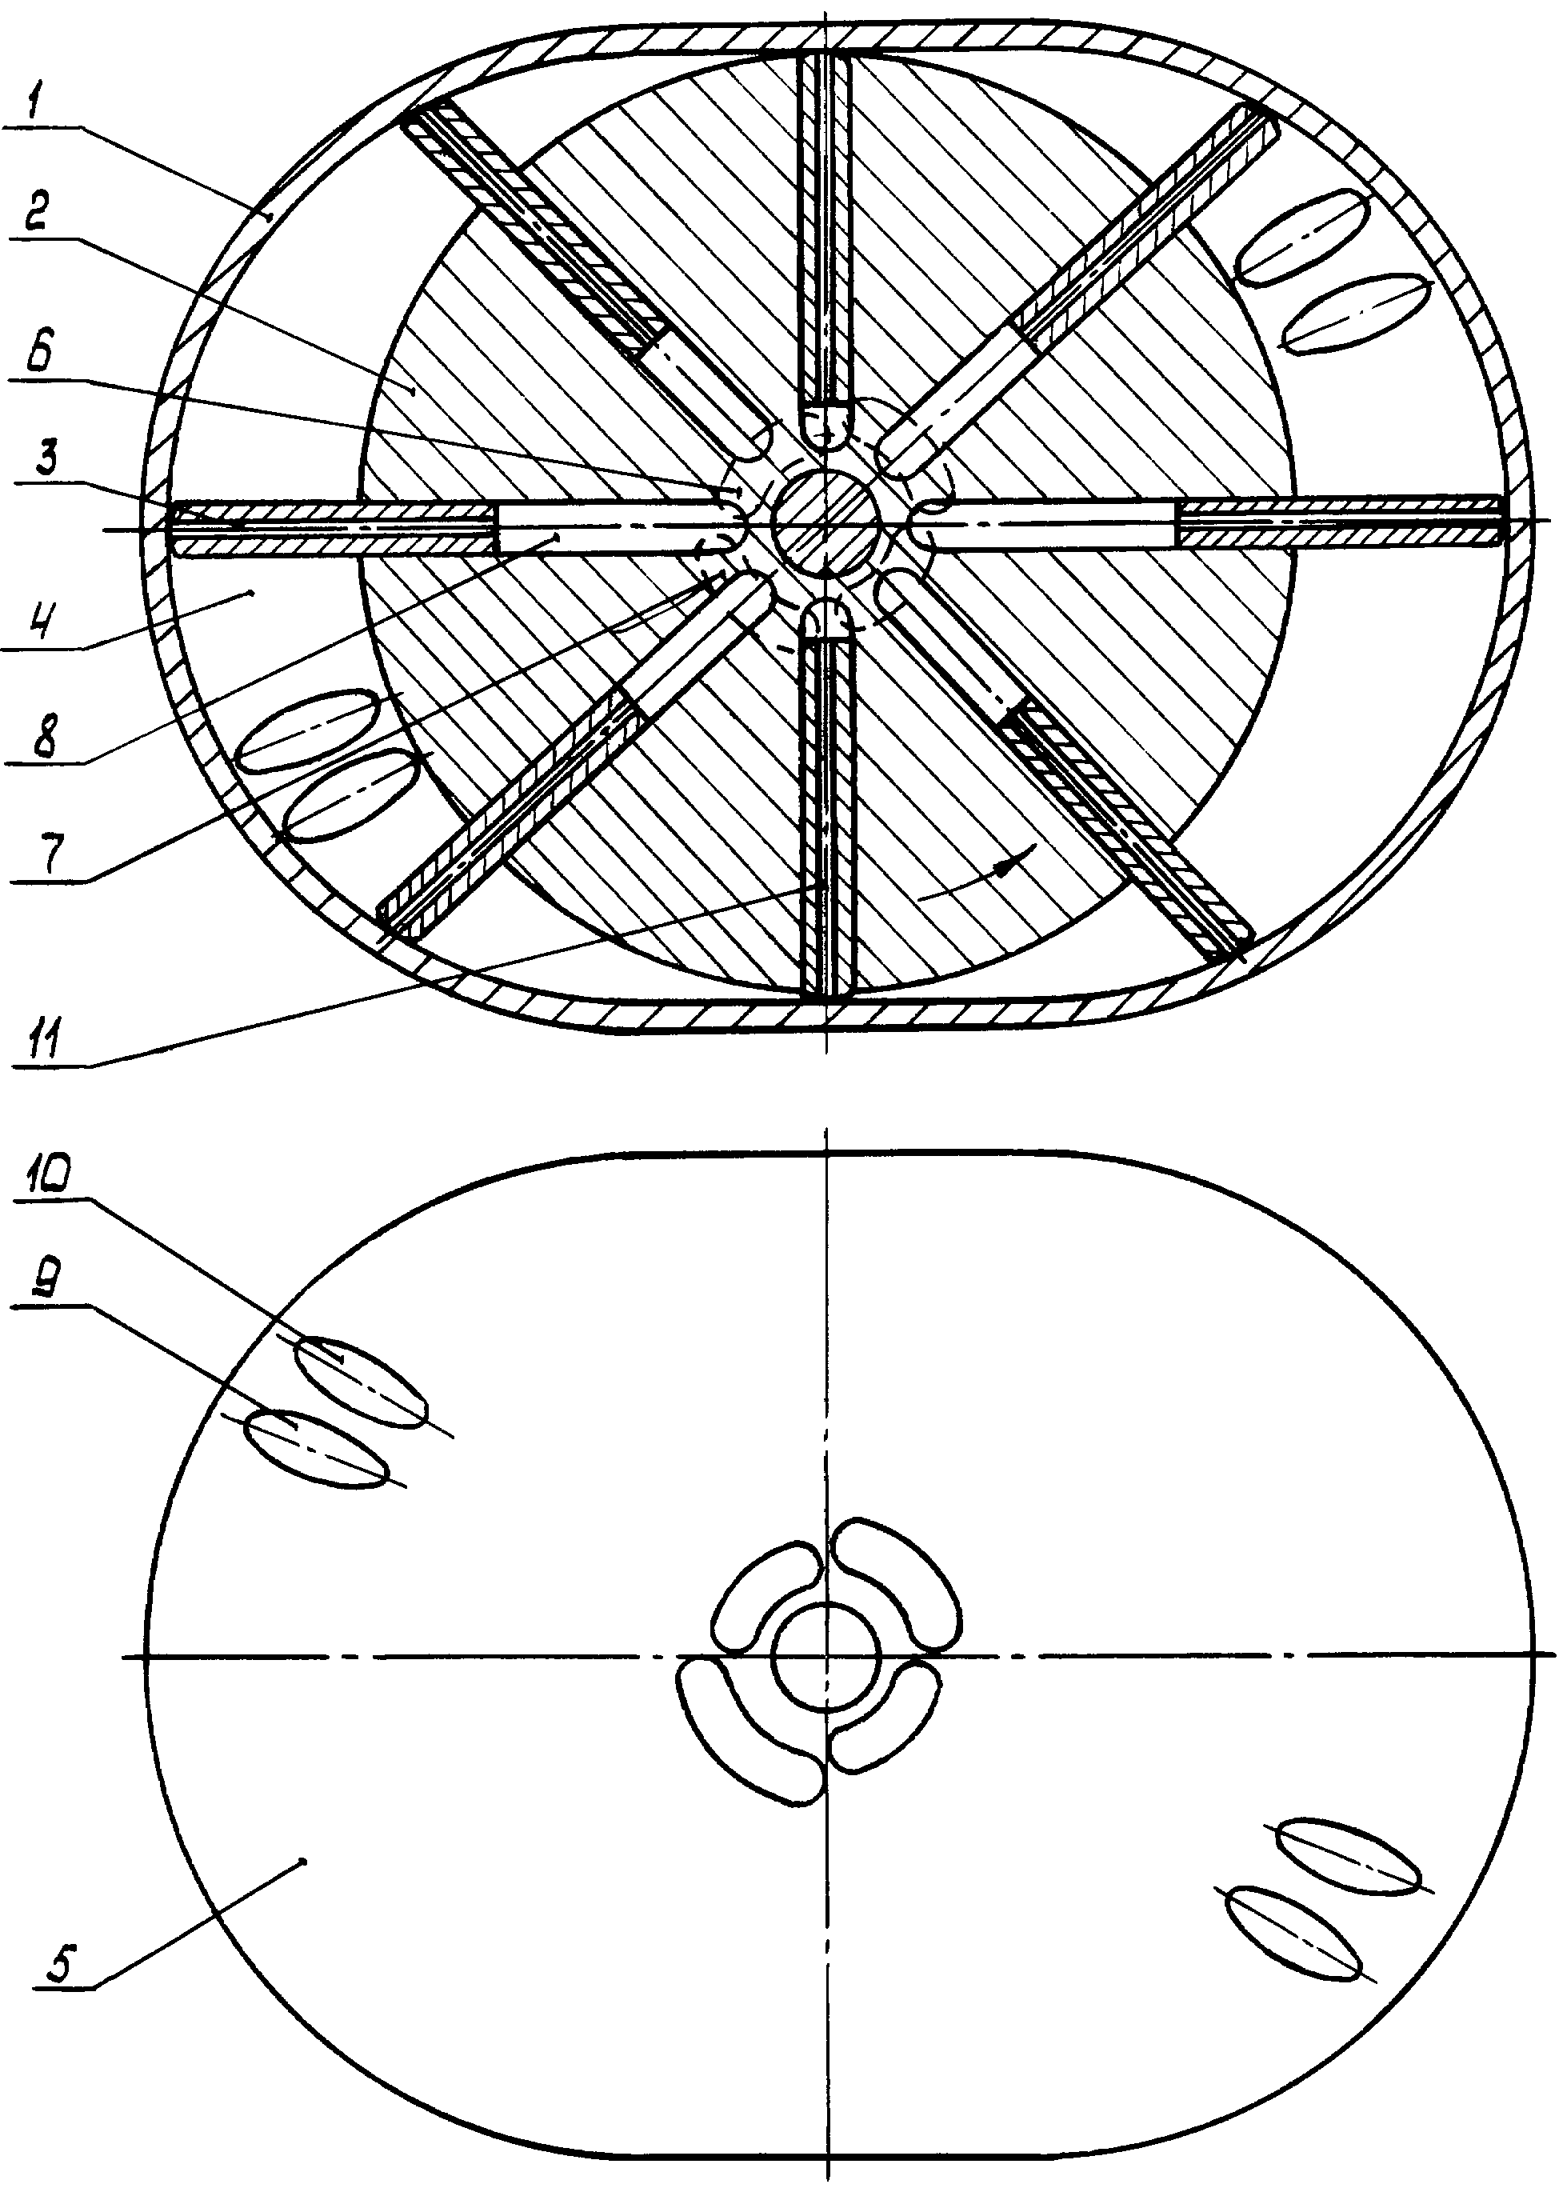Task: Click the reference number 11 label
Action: click(x=44, y=1040)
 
